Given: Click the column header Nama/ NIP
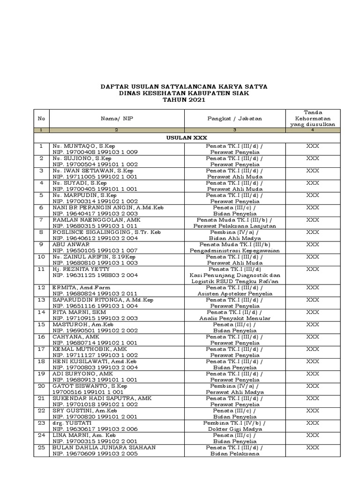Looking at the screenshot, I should click(117, 119).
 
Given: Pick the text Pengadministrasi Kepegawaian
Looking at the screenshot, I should click(234, 250).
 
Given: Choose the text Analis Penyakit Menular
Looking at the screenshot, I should click(234, 318).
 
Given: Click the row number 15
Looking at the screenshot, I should click(41, 324).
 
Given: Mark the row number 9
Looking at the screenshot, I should click(41, 244).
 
